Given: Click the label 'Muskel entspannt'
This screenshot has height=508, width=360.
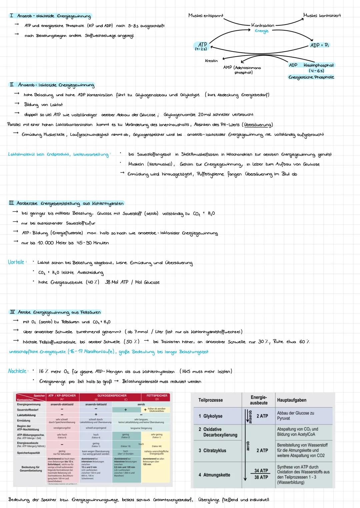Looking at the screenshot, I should [x=206, y=16].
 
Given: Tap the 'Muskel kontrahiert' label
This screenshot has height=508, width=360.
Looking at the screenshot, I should [x=322, y=15].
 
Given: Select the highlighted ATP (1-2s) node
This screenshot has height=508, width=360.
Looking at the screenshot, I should [x=202, y=46].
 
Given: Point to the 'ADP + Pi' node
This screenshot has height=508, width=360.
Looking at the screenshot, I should [x=319, y=45].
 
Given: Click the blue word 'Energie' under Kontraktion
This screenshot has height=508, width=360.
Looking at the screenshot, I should [x=262, y=31].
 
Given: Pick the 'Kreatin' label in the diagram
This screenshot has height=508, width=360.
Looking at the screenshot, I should [x=211, y=61].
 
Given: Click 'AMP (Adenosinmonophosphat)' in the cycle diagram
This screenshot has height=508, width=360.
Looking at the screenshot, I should [x=242, y=70].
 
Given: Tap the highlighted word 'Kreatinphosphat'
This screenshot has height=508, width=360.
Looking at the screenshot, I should [x=318, y=65].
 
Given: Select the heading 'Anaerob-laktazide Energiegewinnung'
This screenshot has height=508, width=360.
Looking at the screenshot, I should [x=56, y=85].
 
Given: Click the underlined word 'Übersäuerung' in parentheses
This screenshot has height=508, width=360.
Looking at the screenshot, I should [x=258, y=125].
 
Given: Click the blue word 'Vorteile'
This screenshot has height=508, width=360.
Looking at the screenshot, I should [x=16, y=262].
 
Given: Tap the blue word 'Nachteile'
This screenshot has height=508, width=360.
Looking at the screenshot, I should [x=17, y=371].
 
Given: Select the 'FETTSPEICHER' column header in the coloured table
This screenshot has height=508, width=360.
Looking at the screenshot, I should [x=157, y=396].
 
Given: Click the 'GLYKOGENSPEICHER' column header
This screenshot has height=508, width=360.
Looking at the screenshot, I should [x=110, y=396].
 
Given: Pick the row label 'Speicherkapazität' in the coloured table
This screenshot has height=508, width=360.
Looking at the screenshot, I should [x=28, y=453].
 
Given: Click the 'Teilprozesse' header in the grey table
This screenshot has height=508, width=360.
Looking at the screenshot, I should [x=210, y=400].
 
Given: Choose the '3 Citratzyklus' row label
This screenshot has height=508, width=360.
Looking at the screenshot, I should [x=212, y=450].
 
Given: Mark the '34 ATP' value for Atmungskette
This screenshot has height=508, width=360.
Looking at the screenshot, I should [x=261, y=470].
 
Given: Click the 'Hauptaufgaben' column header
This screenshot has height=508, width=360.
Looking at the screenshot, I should [x=292, y=400].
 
